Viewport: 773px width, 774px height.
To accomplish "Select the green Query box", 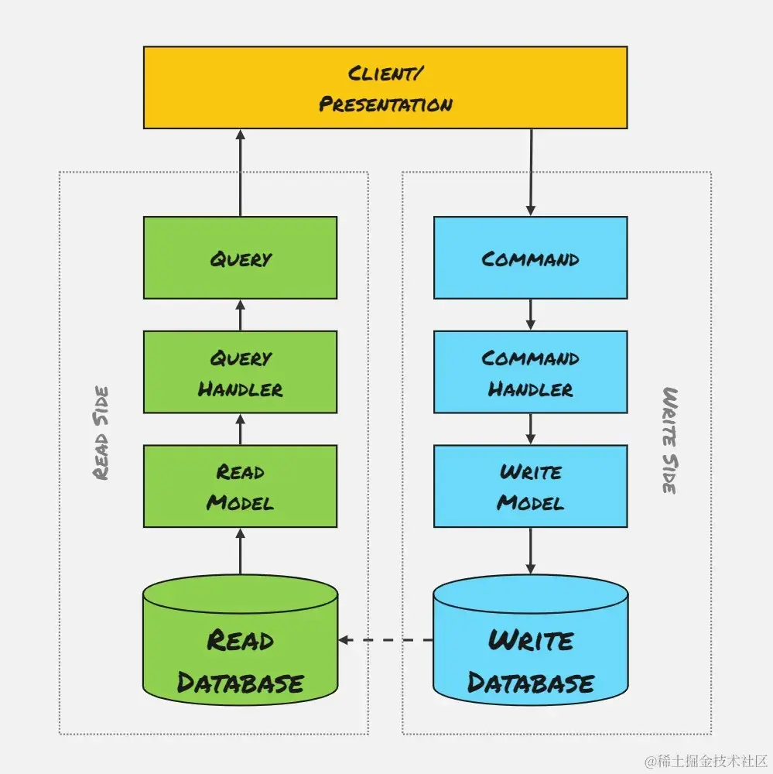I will click(240, 258).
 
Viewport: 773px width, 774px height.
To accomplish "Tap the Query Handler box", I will click(240, 372).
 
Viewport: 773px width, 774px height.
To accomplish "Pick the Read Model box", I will click(240, 486).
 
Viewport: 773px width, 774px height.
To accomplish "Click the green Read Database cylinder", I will click(240, 646).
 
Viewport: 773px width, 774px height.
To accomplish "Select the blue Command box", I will click(530, 258).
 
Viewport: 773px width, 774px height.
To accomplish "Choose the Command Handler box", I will click(530, 372).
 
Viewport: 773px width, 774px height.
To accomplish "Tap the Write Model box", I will click(530, 486).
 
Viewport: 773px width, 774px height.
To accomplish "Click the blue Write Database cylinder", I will click(530, 646).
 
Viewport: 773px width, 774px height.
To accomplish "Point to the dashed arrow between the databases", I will click(385, 640).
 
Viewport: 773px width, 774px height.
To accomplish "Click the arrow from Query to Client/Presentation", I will click(240, 172).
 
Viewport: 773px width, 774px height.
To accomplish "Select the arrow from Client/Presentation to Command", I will click(530, 172).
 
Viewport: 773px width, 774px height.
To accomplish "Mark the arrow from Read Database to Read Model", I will click(240, 551).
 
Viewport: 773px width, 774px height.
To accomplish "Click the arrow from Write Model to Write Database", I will click(530, 551).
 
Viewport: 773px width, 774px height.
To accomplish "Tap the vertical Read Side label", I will click(101, 433).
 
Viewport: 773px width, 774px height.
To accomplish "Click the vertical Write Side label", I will click(669, 440).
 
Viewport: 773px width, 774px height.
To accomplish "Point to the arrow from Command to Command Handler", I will click(530, 314).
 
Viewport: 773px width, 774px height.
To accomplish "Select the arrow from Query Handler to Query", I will click(240, 315).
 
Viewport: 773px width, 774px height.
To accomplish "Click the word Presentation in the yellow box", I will click(385, 104).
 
